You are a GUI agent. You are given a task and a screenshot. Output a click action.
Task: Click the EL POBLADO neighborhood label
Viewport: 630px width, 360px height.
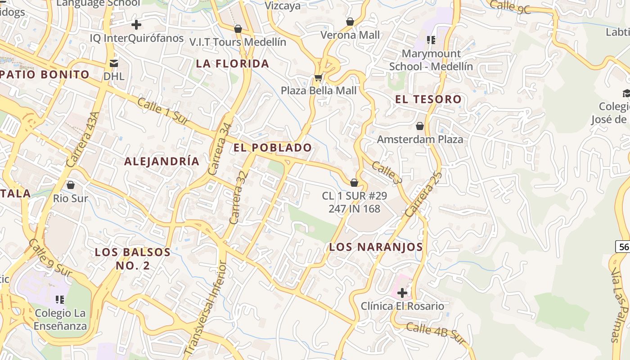(273, 148)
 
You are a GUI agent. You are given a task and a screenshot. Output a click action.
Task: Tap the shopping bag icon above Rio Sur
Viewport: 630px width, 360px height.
(71, 185)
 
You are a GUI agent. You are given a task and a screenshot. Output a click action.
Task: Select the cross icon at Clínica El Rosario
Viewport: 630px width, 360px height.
(402, 293)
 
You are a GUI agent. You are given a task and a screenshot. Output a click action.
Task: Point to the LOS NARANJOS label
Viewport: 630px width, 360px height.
(376, 247)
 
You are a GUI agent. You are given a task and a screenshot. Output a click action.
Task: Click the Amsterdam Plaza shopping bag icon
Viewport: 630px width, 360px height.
(420, 126)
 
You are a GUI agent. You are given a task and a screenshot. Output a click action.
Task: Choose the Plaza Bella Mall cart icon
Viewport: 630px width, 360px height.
(318, 77)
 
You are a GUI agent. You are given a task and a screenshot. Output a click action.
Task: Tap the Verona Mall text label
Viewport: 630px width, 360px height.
(350, 35)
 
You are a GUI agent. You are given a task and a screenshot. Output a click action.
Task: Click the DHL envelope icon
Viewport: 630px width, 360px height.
(113, 63)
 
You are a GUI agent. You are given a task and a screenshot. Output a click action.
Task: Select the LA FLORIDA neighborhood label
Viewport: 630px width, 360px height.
(233, 64)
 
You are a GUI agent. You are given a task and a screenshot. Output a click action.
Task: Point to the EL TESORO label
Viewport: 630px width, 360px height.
(428, 99)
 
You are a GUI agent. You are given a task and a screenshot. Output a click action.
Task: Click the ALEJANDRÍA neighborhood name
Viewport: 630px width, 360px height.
(162, 162)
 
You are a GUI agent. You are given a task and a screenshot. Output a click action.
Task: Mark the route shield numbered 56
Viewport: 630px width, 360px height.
(624, 247)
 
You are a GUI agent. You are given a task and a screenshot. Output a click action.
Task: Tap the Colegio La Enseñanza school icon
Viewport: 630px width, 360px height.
(60, 299)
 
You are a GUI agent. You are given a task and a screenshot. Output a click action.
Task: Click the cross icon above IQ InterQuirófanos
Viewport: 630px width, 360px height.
(136, 25)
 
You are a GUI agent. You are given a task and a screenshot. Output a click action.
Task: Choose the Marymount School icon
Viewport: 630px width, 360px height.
(431, 40)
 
